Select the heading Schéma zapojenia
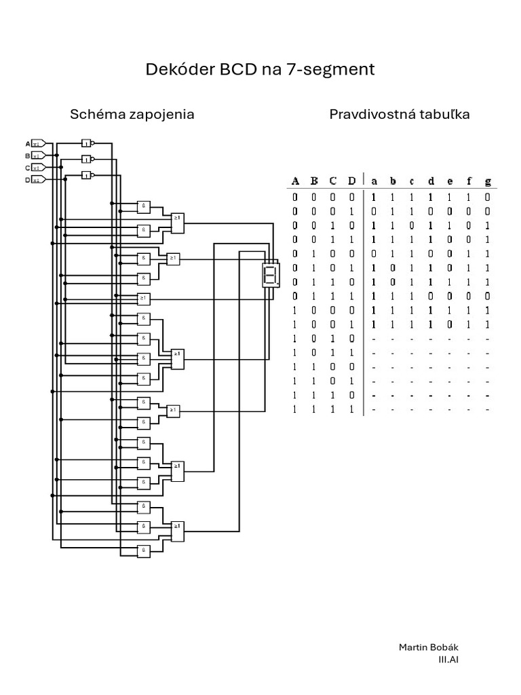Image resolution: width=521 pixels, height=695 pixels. [132, 114]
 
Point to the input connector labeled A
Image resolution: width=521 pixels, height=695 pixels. [39, 143]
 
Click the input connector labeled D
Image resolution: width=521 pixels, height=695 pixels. [39, 179]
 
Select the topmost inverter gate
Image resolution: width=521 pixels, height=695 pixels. [86, 143]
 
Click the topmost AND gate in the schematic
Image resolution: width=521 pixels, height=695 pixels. [144, 206]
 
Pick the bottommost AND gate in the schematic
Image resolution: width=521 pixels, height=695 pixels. [144, 550]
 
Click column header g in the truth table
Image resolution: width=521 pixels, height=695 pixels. [488, 181]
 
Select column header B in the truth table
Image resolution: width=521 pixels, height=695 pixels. [314, 181]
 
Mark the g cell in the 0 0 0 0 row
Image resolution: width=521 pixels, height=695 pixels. [488, 197]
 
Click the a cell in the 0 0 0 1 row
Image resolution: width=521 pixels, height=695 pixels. [374, 211]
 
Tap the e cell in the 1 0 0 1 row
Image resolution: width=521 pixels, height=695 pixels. [450, 324]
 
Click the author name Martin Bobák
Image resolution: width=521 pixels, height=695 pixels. [423, 647]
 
